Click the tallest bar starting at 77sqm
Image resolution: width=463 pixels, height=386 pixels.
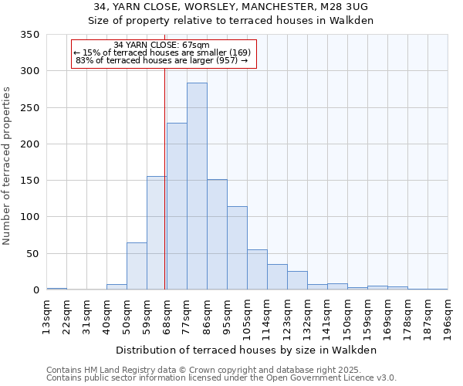click(197, 186)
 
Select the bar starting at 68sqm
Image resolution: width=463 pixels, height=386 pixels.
click(177, 206)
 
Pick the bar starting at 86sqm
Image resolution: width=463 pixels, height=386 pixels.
click(217, 235)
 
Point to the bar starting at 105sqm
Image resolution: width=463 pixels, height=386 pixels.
click(257, 269)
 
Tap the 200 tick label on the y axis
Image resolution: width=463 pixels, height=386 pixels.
click(29, 144)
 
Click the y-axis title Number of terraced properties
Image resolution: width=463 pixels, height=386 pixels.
click(7, 166)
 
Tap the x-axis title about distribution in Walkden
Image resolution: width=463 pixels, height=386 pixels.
click(247, 350)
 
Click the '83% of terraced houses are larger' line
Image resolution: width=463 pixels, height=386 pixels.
click(161, 60)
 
